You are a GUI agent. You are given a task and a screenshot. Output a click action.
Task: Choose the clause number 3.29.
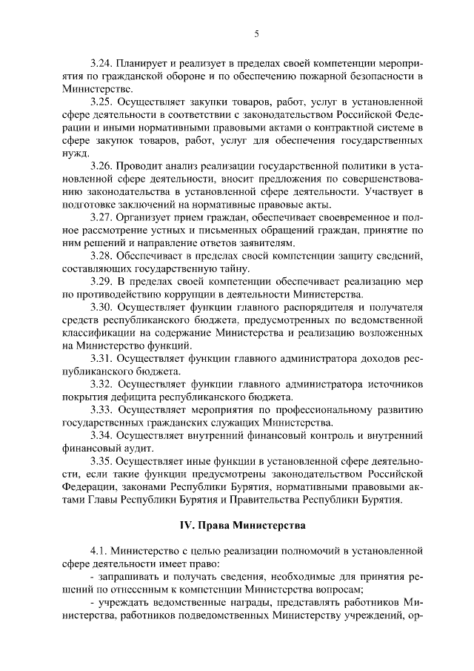[x=101, y=282]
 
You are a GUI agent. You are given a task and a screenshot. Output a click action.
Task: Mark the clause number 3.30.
[x=101, y=308]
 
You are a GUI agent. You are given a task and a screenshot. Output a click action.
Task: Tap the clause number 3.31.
[x=101, y=360]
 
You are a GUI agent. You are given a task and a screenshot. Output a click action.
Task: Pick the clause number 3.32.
[x=101, y=385]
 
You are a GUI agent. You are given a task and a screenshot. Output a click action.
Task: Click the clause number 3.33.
[x=101, y=411]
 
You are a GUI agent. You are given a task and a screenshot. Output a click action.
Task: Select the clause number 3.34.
[x=101, y=437]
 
